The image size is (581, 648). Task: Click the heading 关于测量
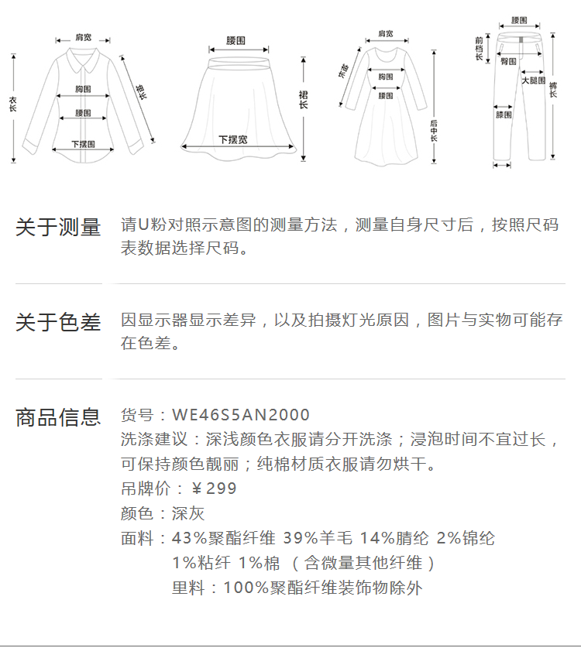(x=58, y=228)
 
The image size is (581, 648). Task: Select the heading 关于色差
(x=58, y=323)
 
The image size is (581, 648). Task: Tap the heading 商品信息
(x=58, y=417)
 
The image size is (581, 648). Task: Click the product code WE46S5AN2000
(x=241, y=416)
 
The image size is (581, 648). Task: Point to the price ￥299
(x=214, y=489)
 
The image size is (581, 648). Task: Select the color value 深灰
(x=188, y=513)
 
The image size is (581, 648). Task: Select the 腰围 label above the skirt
(x=236, y=40)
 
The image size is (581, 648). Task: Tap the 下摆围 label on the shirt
(x=83, y=144)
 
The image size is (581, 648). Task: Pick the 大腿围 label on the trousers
(x=533, y=81)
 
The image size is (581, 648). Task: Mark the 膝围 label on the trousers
(x=504, y=115)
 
